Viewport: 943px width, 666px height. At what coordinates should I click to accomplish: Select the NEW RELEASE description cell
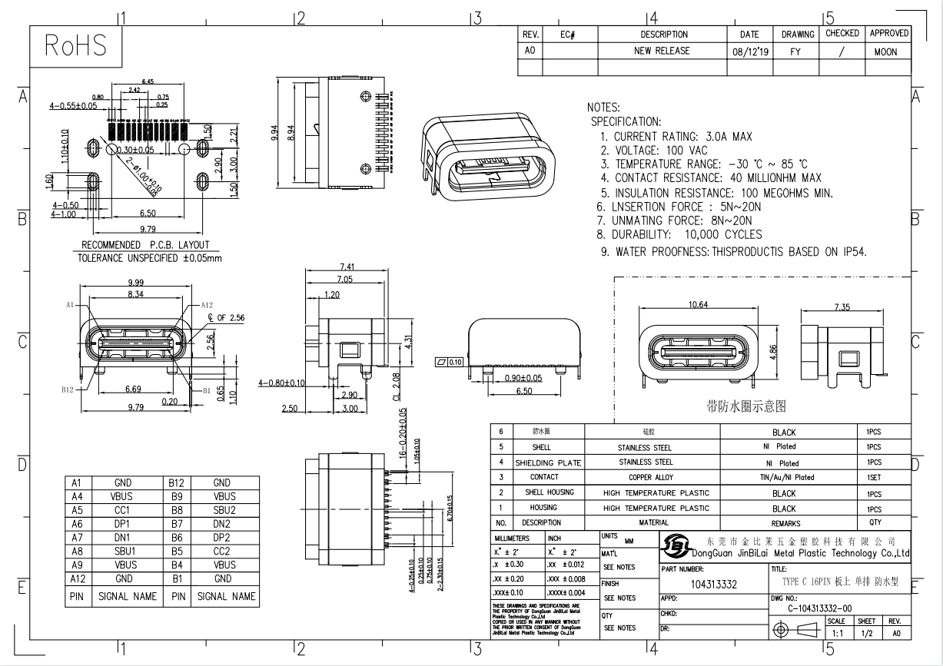coord(662,51)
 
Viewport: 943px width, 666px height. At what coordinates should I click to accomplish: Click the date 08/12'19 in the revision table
coord(749,52)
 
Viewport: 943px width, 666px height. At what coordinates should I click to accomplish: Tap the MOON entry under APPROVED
coord(885,52)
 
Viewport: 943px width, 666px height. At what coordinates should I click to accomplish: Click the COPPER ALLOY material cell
coord(645,477)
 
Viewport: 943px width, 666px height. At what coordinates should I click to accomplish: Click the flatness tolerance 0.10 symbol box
coord(449,362)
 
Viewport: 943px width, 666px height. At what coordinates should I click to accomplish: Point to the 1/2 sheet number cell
coord(866,634)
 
